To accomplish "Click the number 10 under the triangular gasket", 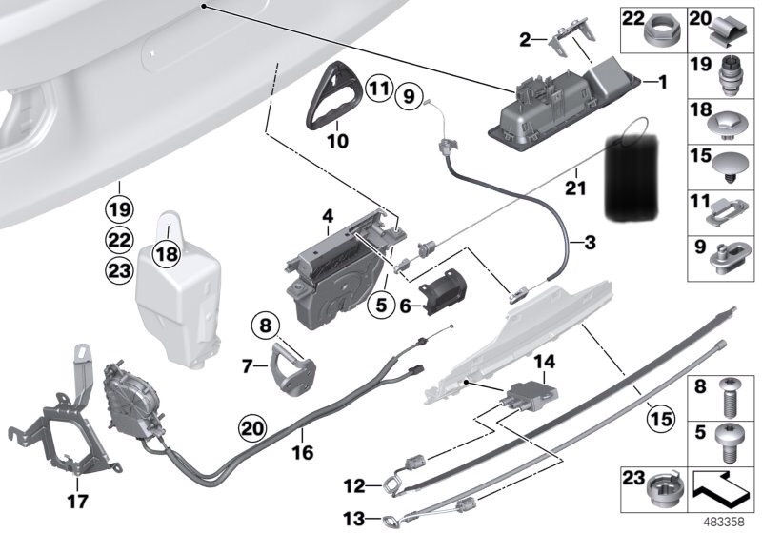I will (338, 141).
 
